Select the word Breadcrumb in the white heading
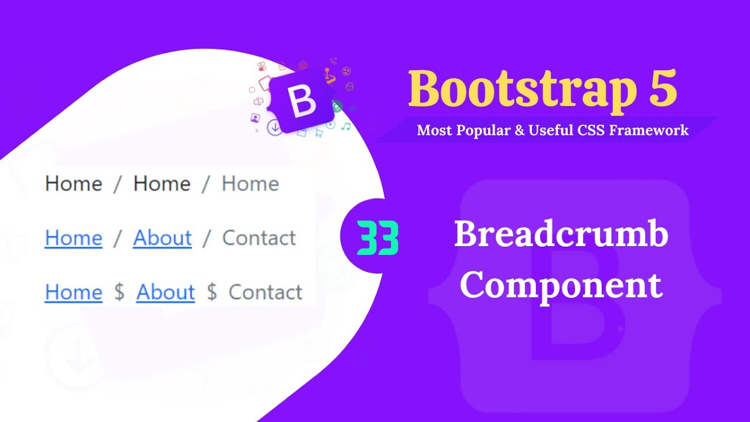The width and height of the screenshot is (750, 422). click(561, 235)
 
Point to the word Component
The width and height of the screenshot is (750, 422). click(561, 285)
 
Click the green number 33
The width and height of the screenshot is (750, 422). click(377, 239)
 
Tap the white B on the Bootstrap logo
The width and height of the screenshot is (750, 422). click(303, 101)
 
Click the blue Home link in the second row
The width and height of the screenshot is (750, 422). click(73, 238)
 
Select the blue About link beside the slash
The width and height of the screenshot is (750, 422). click(162, 238)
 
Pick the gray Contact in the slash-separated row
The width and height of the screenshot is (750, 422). click(259, 238)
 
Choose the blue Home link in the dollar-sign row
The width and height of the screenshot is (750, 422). click(73, 292)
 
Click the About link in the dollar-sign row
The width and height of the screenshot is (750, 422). click(165, 292)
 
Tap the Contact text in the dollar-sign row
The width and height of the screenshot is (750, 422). click(265, 292)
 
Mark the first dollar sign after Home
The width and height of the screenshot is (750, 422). click(119, 292)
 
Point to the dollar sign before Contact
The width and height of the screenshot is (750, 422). click(212, 292)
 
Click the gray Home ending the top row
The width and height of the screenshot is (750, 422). click(250, 184)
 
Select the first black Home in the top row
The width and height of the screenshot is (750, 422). click(73, 184)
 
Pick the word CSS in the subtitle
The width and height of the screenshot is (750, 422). click(591, 130)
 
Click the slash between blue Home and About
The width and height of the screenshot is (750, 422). click(117, 238)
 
